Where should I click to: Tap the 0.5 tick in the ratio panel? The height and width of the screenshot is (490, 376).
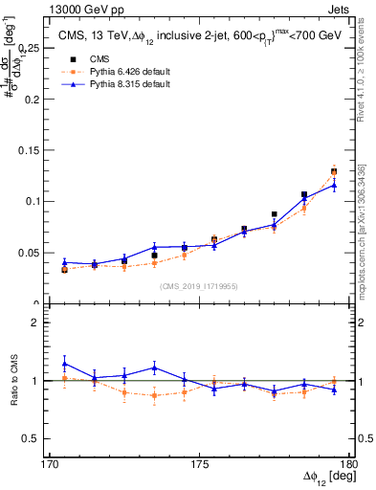(x=40, y=438)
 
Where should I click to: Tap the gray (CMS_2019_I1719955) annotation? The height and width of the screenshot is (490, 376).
(x=199, y=285)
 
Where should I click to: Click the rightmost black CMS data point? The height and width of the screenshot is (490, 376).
(x=334, y=171)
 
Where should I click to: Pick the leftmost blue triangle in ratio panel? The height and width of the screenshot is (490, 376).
(x=64, y=364)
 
